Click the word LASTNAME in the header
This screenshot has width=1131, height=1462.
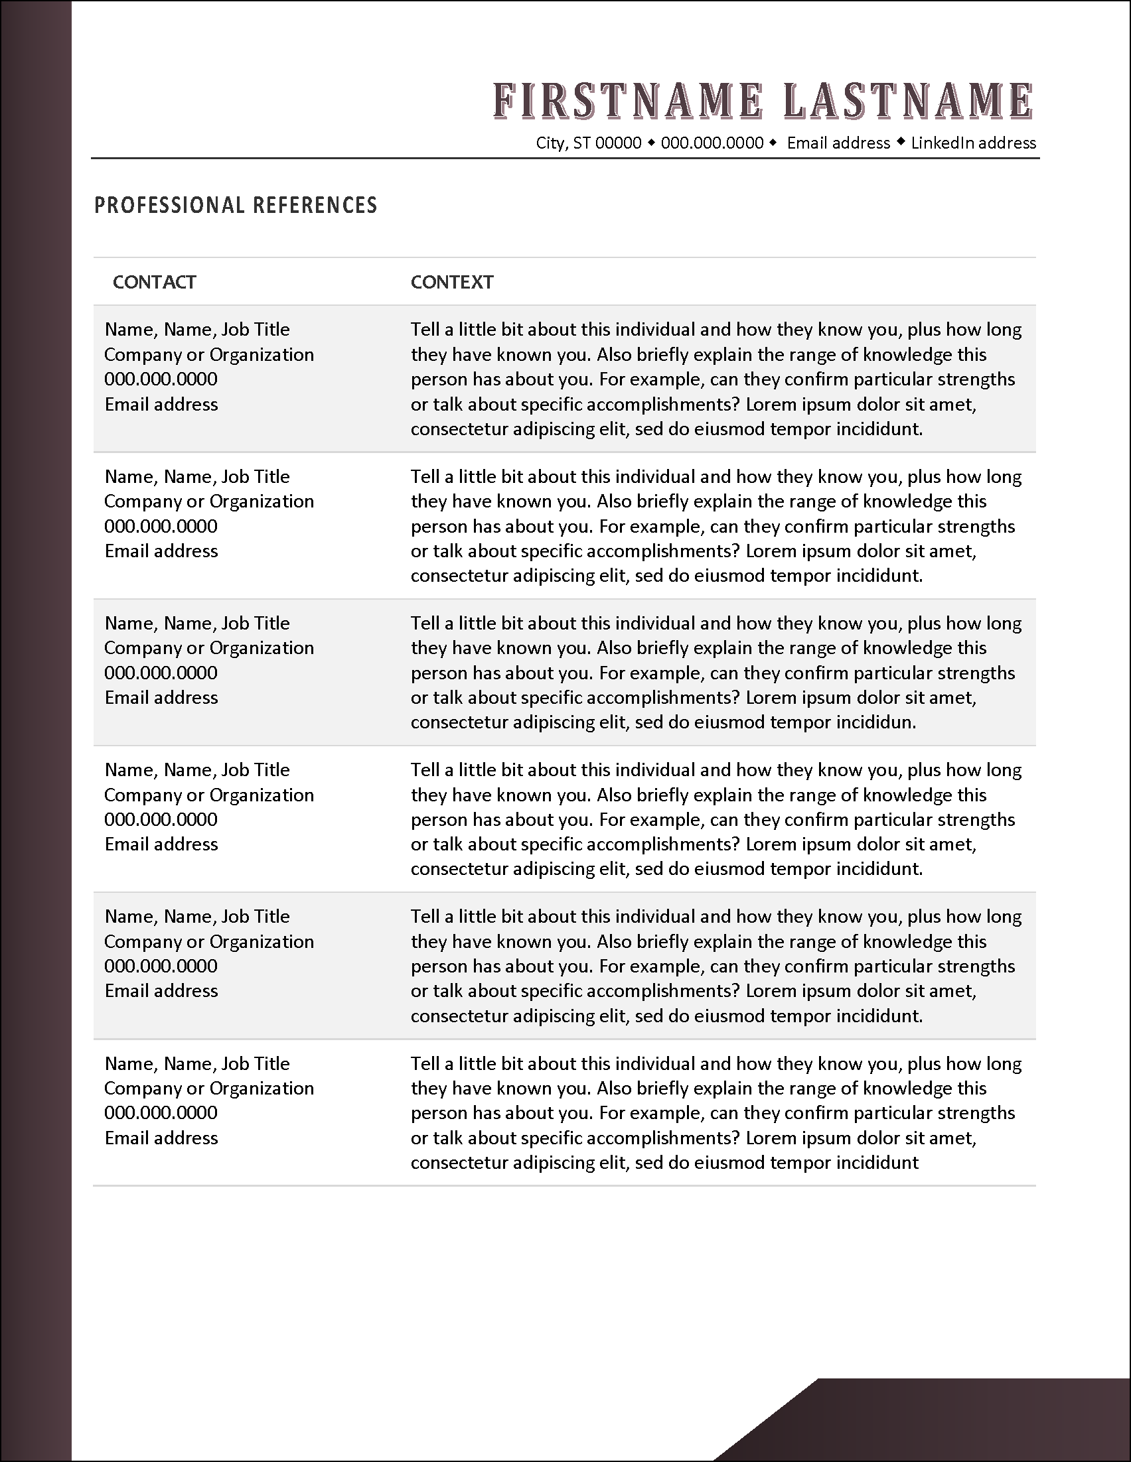coord(907,102)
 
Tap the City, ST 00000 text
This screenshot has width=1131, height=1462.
coord(589,143)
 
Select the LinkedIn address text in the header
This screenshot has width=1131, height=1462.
coord(973,143)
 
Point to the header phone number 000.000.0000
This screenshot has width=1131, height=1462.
coord(712,143)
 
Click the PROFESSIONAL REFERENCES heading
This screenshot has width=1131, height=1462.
coord(236,205)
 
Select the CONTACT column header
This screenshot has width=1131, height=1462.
coord(154,282)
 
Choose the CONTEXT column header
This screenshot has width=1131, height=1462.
coord(452,282)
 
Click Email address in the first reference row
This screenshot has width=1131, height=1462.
coord(161,405)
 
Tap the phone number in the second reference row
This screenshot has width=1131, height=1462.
coord(161,526)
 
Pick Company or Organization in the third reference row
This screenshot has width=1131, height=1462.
coord(209,648)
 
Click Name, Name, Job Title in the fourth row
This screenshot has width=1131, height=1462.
coord(197,770)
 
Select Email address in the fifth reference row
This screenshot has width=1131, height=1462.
coord(161,991)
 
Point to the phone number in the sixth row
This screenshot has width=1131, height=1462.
coord(161,1112)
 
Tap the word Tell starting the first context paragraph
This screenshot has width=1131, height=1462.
coord(425,330)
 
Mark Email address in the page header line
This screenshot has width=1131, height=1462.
coord(838,143)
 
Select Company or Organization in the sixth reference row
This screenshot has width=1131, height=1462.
coord(209,1089)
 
